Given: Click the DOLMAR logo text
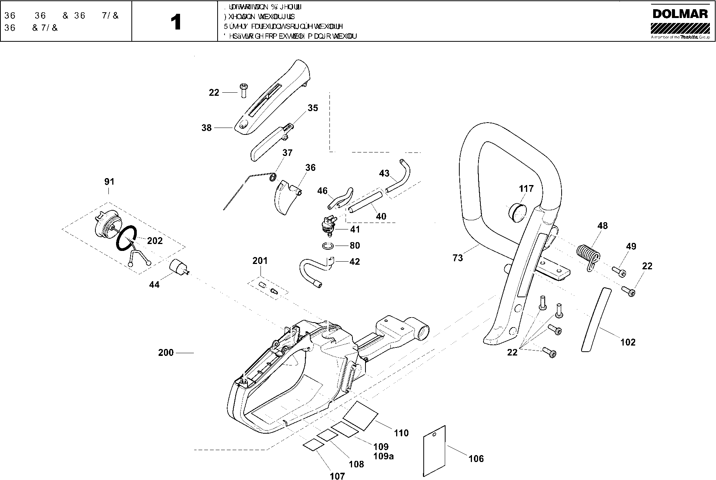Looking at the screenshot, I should click(x=680, y=14).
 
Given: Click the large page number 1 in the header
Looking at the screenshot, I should click(x=176, y=22).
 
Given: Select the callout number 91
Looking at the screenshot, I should click(x=109, y=182).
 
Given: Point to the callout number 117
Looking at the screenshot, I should click(x=526, y=189).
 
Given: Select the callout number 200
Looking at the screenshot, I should click(x=166, y=352).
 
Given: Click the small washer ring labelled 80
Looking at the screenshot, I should click(x=328, y=246).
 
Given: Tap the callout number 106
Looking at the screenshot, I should click(x=476, y=459).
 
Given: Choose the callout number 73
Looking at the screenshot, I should click(x=457, y=258).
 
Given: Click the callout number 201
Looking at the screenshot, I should click(x=260, y=261).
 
